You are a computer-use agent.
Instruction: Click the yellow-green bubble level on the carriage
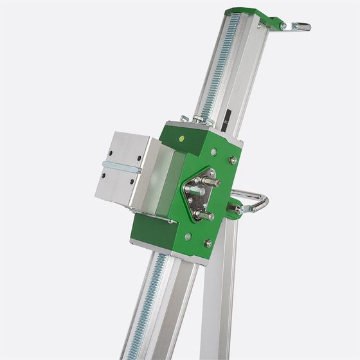pyautogui.click(x=182, y=138)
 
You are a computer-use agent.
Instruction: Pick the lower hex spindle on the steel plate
pyautogui.click(x=204, y=215)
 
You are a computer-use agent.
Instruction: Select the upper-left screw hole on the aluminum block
pyautogui.click(x=111, y=152)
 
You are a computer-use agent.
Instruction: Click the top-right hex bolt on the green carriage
pyautogui.click(x=233, y=160)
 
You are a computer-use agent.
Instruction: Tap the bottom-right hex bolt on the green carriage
pyautogui.click(x=208, y=243)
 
